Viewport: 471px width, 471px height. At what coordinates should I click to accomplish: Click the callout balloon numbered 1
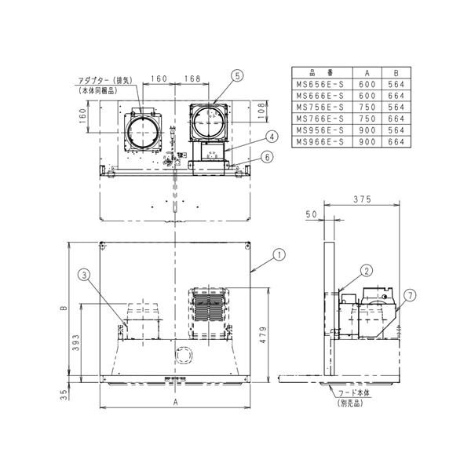[278, 254]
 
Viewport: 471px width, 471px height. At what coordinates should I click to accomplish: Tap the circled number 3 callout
[83, 274]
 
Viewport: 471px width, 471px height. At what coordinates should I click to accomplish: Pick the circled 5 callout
[238, 75]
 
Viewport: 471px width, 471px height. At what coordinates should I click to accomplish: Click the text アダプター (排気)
[101, 79]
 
